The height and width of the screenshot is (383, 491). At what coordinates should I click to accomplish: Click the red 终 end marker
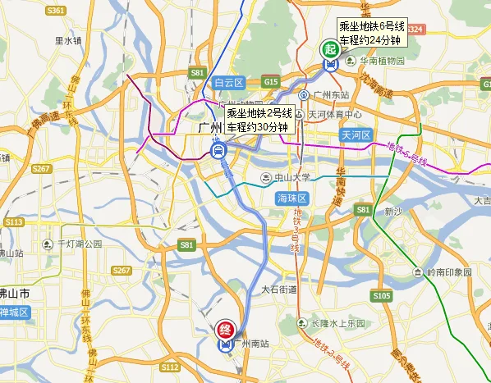click(223, 331)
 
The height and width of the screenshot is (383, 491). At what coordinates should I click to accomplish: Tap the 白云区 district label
click(229, 83)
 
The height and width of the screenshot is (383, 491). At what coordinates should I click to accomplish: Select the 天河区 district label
click(357, 134)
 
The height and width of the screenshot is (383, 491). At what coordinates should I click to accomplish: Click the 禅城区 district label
click(14, 312)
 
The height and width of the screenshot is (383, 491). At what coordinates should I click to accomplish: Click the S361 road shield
click(56, 11)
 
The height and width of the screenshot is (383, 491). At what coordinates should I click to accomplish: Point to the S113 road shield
click(14, 222)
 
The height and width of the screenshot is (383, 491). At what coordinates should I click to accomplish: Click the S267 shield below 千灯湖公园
click(121, 271)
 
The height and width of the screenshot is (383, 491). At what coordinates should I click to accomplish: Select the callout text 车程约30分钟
click(259, 128)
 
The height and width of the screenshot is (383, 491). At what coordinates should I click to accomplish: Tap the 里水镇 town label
click(68, 39)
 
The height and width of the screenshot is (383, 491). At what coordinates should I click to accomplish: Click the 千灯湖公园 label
click(80, 244)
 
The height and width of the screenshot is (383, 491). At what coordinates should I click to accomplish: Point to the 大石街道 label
click(278, 290)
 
